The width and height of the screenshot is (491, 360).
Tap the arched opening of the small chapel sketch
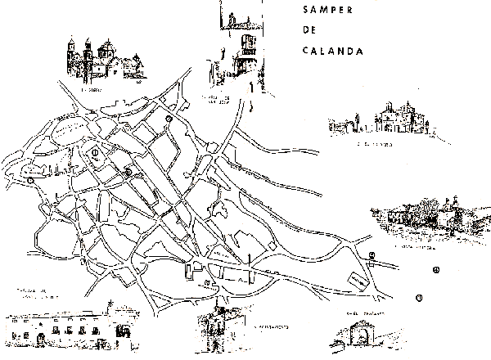pos(357,339)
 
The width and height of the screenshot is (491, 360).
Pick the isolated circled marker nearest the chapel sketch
pos(420,296)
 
